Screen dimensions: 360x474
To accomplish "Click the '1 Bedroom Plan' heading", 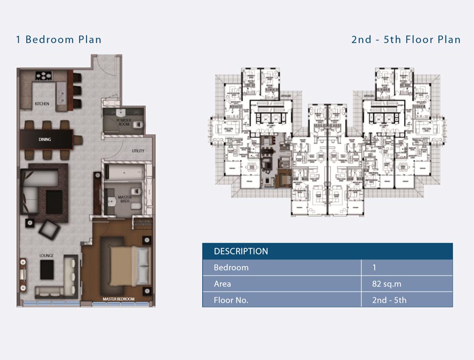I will [x=59, y=40].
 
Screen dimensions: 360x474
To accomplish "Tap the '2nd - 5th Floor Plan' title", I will [x=406, y=40].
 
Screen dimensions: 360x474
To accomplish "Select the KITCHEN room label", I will [x=42, y=104].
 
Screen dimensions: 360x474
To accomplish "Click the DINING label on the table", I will [x=45, y=139].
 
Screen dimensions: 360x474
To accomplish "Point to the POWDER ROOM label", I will [x=123, y=122].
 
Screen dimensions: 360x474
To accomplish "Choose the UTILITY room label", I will [x=138, y=151].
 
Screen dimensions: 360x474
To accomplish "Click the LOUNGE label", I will [x=47, y=255].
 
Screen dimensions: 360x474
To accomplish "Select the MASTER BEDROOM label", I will [x=118, y=299].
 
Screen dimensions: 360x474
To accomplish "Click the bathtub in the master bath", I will [x=124, y=174].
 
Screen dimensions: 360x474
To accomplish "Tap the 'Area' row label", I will [x=222, y=284].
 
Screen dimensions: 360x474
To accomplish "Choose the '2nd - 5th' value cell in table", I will [x=389, y=300].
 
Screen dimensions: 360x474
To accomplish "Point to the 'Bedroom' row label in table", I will [x=231, y=267].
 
